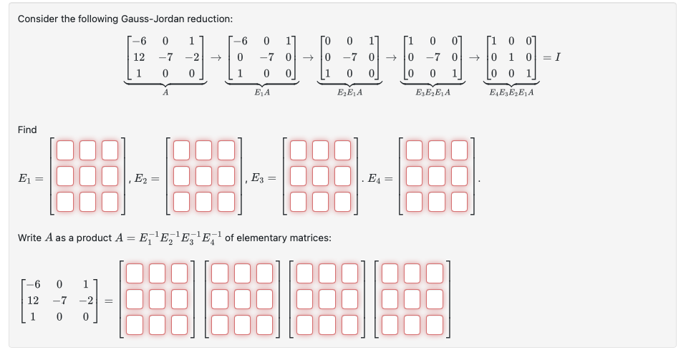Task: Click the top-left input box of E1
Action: (65, 150)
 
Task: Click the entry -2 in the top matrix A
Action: (189, 57)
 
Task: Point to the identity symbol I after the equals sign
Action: (558, 57)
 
